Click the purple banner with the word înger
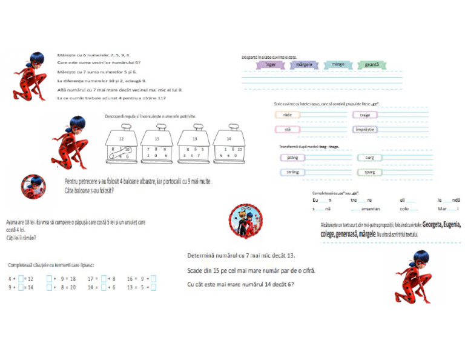pos(271,64)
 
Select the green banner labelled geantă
pos(372,64)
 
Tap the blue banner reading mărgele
pos(304,64)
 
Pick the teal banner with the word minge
pos(338,64)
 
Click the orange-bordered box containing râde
pos(288,115)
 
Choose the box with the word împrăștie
pos(365,129)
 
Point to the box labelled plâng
pos(292,158)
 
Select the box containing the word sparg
pos(369,172)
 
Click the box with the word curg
pos(369,158)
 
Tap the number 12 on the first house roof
pos(121,138)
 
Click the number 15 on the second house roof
pos(157,138)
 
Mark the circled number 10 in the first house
pos(127,149)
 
